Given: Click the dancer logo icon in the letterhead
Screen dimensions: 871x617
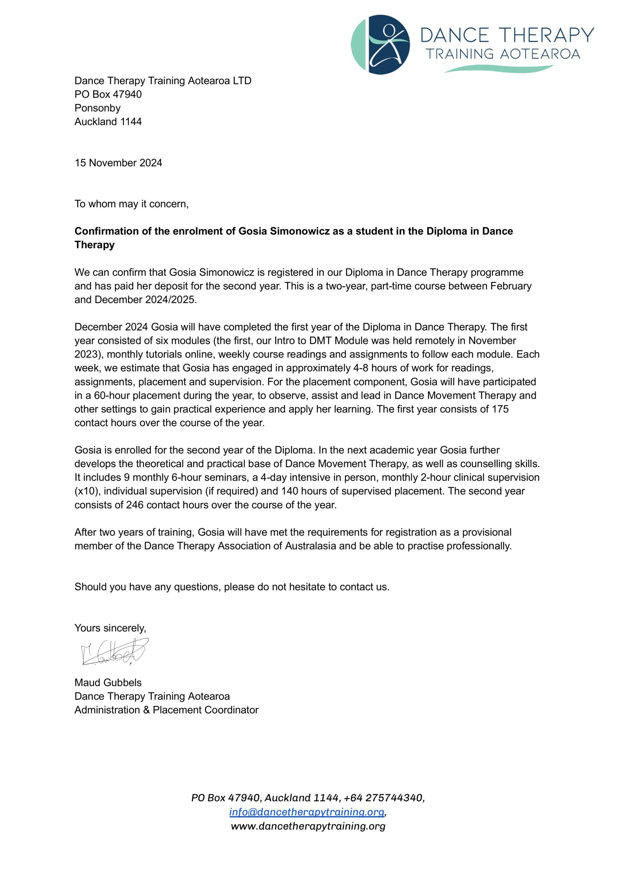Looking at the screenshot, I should (x=380, y=45).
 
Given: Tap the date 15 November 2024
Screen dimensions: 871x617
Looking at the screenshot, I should (x=118, y=163).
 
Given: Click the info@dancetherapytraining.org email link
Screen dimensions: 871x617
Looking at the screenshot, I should (x=306, y=812).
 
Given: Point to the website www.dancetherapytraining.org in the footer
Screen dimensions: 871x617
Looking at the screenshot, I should (x=308, y=826).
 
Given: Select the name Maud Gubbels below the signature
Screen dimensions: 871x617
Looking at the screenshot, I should (x=108, y=683).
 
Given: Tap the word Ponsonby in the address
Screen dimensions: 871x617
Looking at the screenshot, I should (x=97, y=108).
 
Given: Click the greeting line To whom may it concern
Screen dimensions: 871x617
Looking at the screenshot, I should (x=131, y=204).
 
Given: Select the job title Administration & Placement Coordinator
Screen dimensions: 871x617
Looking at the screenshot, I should (x=167, y=710).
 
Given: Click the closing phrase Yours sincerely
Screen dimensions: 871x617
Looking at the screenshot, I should (x=110, y=628).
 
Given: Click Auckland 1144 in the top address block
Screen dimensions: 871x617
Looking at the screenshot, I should (x=108, y=122).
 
